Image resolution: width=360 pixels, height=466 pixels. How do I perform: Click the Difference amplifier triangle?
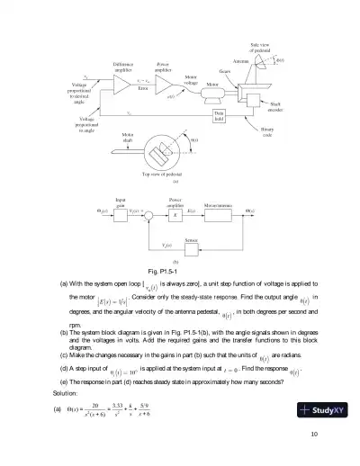click(x=123, y=87)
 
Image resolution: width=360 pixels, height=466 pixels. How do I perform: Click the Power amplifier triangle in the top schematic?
click(x=165, y=87)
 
